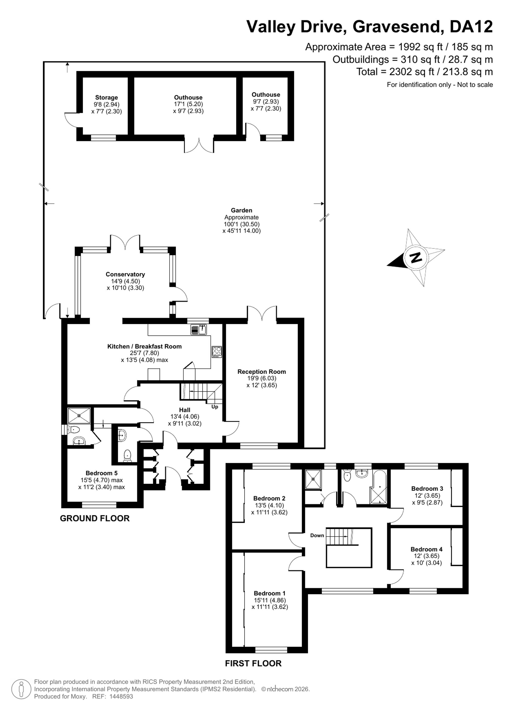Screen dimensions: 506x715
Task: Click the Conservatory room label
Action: [125, 274]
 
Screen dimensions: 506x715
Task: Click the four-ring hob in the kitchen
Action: [217, 352]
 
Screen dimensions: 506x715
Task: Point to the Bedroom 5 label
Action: [101, 473]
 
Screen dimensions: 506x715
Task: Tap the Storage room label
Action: [107, 98]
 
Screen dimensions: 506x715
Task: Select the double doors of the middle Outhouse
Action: [199, 145]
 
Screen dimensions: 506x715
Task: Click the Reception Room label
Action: [262, 371]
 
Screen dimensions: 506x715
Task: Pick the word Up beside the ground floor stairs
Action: [215, 407]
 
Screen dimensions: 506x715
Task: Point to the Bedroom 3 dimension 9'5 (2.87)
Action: [427, 502]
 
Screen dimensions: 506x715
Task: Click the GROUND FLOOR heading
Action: [95, 518]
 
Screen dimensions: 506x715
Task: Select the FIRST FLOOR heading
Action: [253, 663]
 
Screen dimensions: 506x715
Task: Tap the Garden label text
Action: [241, 211]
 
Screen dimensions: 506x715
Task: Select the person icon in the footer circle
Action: [21, 689]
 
